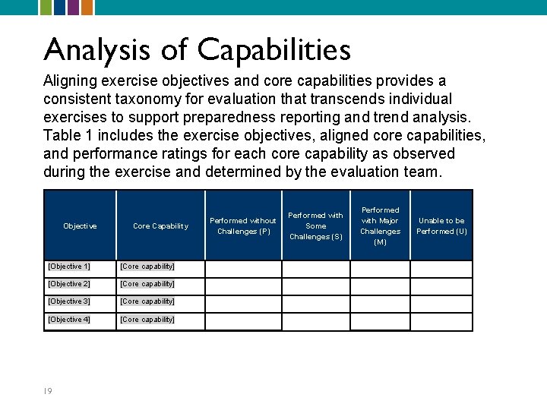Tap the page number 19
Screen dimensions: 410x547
point(48,391)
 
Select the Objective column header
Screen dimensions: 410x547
point(80,226)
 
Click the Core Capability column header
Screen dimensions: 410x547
point(160,226)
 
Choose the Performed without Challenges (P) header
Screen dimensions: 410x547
point(243,226)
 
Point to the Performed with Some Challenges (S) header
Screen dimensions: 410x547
point(315,226)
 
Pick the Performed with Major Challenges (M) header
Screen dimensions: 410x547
point(380,226)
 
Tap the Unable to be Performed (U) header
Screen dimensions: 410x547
point(441,226)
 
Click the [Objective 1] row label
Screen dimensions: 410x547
point(69,266)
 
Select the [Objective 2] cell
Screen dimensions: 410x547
point(69,284)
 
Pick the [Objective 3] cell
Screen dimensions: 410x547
point(69,301)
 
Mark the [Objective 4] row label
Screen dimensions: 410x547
point(69,320)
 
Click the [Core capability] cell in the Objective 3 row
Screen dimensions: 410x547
point(147,301)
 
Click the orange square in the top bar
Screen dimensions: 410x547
point(87,7)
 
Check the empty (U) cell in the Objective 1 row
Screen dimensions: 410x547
point(441,270)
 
